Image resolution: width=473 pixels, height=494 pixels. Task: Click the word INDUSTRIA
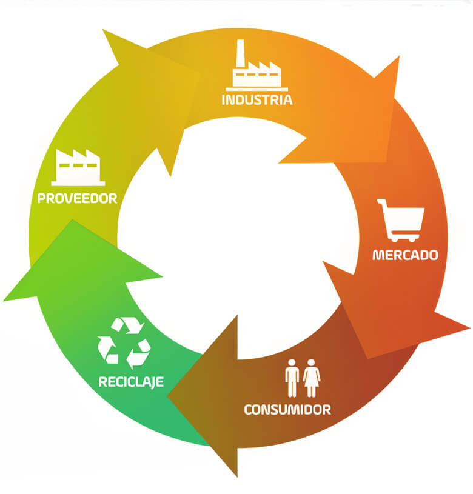[x=257, y=99]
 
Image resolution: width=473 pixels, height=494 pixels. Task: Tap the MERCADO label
[x=404, y=255]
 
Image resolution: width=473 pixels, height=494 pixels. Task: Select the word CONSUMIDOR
[x=287, y=409]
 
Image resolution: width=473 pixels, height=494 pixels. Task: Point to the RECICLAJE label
[x=131, y=382]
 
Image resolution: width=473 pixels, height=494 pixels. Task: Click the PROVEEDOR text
[x=77, y=198]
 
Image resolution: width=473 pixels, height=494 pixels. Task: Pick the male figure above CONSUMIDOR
[x=293, y=378]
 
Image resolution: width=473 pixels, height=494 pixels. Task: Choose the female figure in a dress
[x=312, y=378]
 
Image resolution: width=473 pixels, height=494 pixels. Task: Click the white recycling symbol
[x=124, y=343]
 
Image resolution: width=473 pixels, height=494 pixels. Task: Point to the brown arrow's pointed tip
[x=168, y=398]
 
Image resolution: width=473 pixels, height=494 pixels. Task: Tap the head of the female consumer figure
[x=312, y=362]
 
